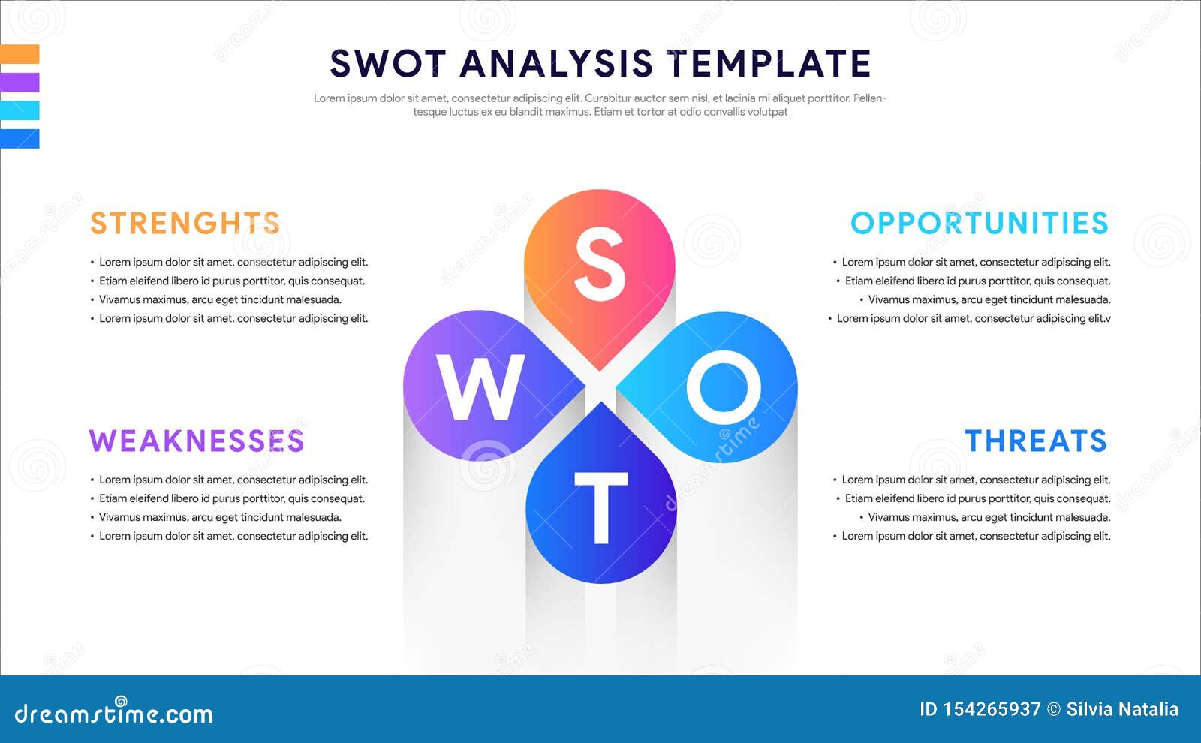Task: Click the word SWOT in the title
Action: coord(388,64)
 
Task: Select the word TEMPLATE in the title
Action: coord(769,64)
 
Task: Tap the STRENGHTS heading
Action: coord(185,224)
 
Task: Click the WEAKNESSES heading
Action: coord(197,441)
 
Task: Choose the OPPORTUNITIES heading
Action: coord(980,224)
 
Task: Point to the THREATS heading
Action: coord(1036,441)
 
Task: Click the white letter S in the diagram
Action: coord(600,264)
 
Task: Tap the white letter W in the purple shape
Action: coord(480,387)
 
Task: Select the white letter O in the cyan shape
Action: coord(724,387)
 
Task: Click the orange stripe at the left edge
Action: coord(20,54)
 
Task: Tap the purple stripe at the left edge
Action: coord(20,83)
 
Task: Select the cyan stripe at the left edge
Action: coord(20,110)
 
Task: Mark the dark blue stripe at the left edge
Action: coord(20,139)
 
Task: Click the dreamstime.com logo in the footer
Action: coord(114,713)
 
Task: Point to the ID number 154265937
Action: coord(991,710)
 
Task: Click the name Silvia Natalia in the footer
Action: coord(1122,710)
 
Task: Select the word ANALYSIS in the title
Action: coord(556,64)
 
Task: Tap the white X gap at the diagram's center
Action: coord(600,387)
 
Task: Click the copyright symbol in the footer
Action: coord(1054,710)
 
